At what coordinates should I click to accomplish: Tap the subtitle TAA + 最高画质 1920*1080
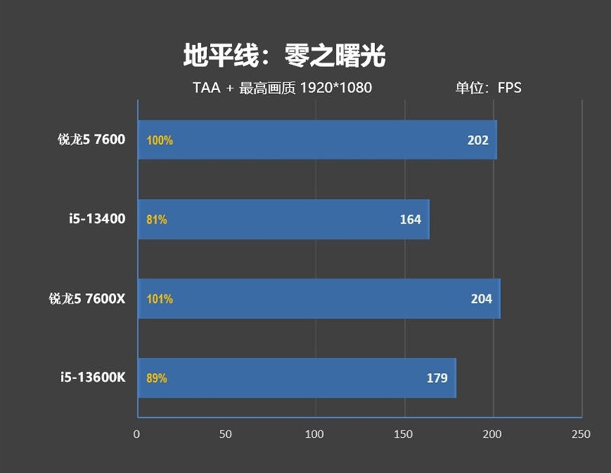pos(282,88)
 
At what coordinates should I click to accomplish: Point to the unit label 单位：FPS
pos(488,88)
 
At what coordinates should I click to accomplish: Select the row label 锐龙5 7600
pos(91,140)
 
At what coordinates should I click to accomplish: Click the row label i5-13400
pos(95,219)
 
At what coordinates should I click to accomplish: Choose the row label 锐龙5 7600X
pos(86,298)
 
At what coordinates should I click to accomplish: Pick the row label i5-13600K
pos(92,378)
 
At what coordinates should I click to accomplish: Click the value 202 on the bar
pos(478,140)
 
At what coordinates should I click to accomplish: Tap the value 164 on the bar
pos(410,220)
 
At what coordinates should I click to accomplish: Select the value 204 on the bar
pos(481,299)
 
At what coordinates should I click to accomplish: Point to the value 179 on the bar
pos(437,378)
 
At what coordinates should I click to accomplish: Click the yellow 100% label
pos(160,140)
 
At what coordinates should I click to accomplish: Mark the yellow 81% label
pos(157,220)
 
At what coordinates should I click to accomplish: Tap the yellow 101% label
pos(160,299)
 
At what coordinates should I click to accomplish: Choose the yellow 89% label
pos(157,378)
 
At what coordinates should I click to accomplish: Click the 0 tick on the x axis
pos(137,434)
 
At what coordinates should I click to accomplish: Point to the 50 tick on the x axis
pos(225,434)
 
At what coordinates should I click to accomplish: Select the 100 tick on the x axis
pos(315,434)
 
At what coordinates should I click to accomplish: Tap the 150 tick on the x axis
pos(403,434)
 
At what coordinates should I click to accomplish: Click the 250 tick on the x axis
pos(581,434)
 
